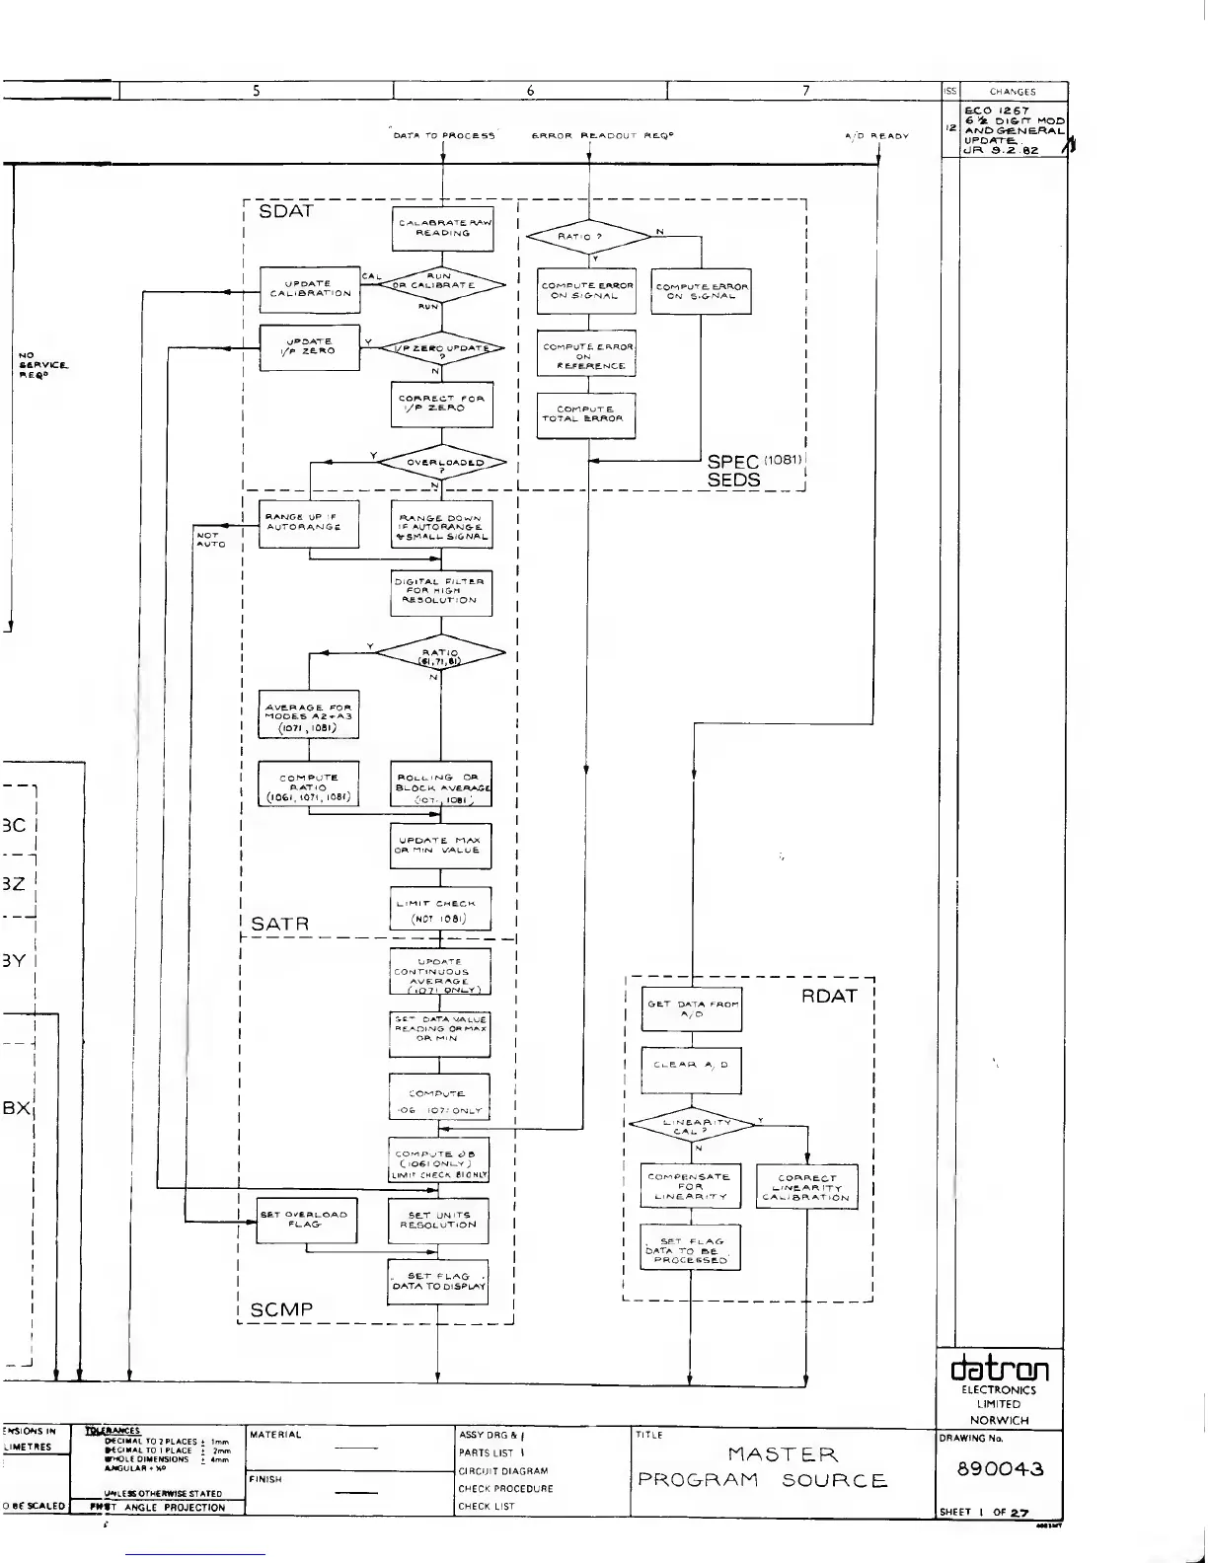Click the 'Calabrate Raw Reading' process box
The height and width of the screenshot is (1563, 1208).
pyautogui.click(x=441, y=228)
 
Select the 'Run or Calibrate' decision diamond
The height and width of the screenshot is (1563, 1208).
pyautogui.click(x=441, y=284)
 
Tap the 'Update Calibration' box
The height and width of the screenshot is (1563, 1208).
pyautogui.click(x=309, y=288)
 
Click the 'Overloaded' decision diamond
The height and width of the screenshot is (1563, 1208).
pyautogui.click(x=441, y=462)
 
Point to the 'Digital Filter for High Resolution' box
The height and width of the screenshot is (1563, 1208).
pyautogui.click(x=440, y=591)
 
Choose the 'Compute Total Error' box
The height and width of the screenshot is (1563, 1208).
pyautogui.click(x=586, y=413)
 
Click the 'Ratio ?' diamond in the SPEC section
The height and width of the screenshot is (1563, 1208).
pyautogui.click(x=588, y=237)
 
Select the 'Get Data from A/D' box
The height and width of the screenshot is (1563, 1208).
pyautogui.click(x=691, y=1008)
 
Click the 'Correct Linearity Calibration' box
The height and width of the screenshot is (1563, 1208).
pyautogui.click(x=806, y=1187)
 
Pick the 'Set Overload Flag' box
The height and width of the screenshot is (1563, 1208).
pyautogui.click(x=306, y=1220)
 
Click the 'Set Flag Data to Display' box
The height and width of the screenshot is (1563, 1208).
pyautogui.click(x=438, y=1281)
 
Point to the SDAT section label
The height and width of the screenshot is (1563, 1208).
pyautogui.click(x=285, y=211)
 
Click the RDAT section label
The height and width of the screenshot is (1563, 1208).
pyautogui.click(x=829, y=996)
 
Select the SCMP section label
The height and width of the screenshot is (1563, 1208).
pyautogui.click(x=281, y=1309)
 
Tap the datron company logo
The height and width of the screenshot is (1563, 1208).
pyautogui.click(x=999, y=1368)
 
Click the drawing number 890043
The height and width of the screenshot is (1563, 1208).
pyautogui.click(x=1001, y=1469)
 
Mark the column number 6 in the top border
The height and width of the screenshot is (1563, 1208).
pyautogui.click(x=531, y=91)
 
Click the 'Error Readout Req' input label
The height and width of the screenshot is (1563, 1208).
pyautogui.click(x=602, y=135)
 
